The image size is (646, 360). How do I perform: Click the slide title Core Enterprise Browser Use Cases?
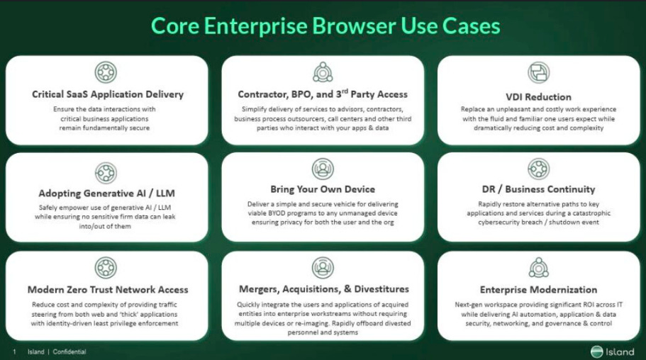pos(325,26)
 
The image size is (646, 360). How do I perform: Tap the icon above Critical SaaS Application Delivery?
pos(106,73)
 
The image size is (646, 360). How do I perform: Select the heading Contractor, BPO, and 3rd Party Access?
pos(323,94)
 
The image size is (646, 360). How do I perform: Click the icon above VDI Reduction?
pos(539,73)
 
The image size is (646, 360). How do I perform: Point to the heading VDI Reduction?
pos(539,97)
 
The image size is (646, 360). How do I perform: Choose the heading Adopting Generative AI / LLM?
pos(106,193)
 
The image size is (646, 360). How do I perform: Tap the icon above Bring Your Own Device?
pos(323,169)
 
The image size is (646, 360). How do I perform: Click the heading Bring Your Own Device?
pos(323,190)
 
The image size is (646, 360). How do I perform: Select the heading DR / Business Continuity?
pos(539,190)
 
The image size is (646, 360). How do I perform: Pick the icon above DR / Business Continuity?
pos(539,169)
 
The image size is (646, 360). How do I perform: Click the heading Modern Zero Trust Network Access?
pos(108,290)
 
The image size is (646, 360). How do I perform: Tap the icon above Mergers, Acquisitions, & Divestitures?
pos(323,267)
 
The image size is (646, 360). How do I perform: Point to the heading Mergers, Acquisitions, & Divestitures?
pos(323,289)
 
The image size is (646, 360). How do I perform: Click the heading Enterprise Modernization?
pos(539,290)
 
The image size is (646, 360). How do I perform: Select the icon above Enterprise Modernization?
pos(539,267)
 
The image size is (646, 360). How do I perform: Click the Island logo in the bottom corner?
pos(613,351)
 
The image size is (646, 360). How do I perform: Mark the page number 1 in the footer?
pos(14,351)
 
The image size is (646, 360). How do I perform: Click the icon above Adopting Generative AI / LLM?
pos(106,172)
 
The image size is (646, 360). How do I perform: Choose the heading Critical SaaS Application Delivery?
pos(108,94)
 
